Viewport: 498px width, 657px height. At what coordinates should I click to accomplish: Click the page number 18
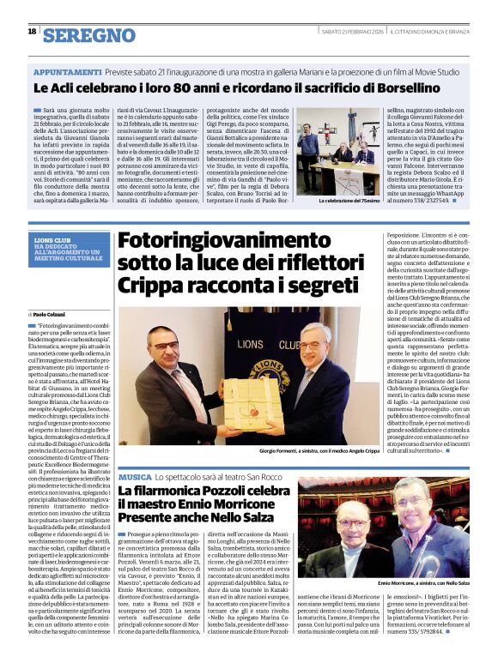point(32,33)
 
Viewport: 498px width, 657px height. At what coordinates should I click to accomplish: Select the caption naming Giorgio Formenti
point(317,451)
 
